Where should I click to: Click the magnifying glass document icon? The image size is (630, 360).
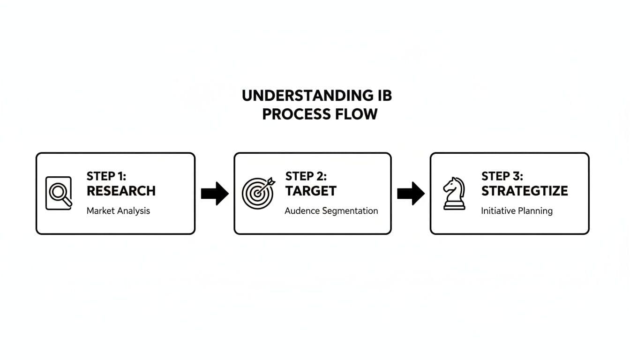[x=59, y=193]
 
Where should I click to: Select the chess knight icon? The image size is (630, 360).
[x=454, y=193]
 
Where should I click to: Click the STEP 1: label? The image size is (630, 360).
[x=106, y=176]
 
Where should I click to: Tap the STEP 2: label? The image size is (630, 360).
[x=306, y=176]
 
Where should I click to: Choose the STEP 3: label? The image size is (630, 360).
[x=502, y=176]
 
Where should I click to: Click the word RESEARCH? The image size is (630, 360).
[x=121, y=191]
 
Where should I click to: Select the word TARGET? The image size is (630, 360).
[x=311, y=191]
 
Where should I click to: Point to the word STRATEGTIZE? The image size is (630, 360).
[x=525, y=191]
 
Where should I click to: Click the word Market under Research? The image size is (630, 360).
[x=101, y=211]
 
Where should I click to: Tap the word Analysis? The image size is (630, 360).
[x=134, y=211]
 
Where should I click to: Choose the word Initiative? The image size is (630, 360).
[x=497, y=211]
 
